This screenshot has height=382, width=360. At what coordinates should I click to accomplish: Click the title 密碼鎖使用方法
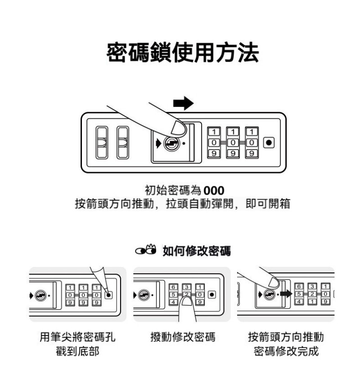(x=183, y=53)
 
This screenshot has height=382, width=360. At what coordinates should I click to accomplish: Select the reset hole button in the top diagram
(x=269, y=143)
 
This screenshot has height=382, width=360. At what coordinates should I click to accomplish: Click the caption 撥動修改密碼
(x=182, y=337)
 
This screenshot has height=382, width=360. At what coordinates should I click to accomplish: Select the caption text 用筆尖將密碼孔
(x=77, y=337)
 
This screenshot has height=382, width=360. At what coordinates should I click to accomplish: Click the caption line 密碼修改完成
(x=286, y=351)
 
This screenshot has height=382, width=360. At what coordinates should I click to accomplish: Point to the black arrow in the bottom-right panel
(x=284, y=295)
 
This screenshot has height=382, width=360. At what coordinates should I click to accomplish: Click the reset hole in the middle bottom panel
(x=212, y=294)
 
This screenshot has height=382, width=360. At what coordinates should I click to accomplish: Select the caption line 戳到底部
(x=77, y=351)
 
